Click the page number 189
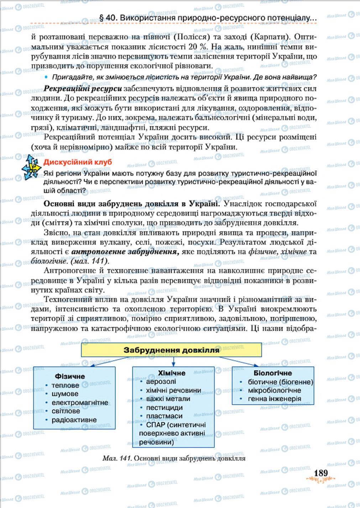point(320,473)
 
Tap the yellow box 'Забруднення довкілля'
point(171,350)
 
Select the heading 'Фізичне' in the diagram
point(70,376)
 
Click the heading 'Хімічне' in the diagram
point(172,373)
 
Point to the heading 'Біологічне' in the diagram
point(273,373)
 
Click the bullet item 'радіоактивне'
point(74,420)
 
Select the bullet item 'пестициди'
point(164,408)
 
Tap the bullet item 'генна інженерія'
point(275,399)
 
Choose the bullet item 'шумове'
point(65,394)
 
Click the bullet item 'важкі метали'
point(168,399)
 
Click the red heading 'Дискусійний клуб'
point(77,162)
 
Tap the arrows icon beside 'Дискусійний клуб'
point(31,168)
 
